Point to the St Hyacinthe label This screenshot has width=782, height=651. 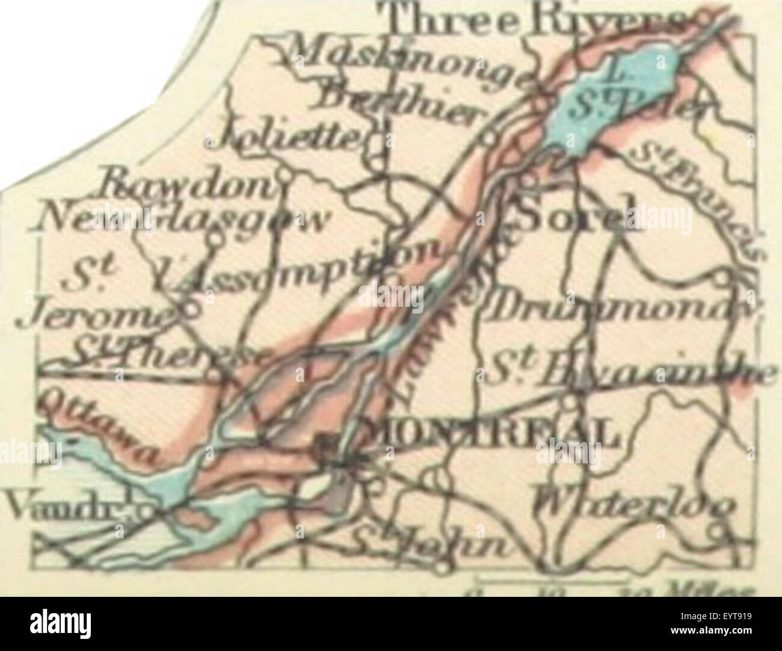pyautogui.click(x=632, y=373)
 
